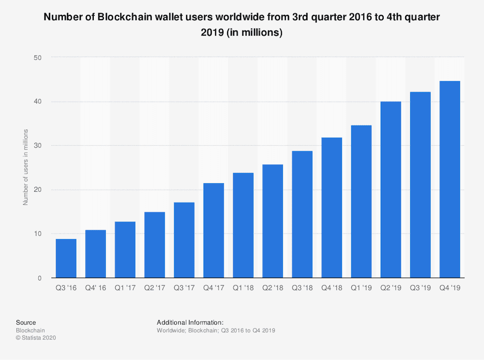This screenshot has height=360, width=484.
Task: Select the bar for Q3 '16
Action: coord(66,258)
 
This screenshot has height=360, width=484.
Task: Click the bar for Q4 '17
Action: coord(214,230)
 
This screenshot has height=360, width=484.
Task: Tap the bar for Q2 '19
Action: coord(391,190)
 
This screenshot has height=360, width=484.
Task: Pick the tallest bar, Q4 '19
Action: coord(450,179)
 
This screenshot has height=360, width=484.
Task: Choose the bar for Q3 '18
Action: coord(302,214)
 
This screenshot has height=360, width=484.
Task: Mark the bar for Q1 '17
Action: coord(125,250)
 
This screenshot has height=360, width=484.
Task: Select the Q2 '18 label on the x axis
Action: coord(272,288)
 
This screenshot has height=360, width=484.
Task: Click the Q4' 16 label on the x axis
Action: coord(95,288)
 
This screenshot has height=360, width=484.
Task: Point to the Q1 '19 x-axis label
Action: coord(361,288)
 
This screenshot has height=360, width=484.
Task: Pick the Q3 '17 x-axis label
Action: coord(184,288)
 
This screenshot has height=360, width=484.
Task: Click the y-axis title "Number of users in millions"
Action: coord(25,167)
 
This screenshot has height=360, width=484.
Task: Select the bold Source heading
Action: coord(26,323)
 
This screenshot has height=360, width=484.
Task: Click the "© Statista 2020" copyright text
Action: coord(36,338)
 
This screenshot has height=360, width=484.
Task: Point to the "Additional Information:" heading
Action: coord(190,323)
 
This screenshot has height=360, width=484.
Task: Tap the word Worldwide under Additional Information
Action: coord(171,331)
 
